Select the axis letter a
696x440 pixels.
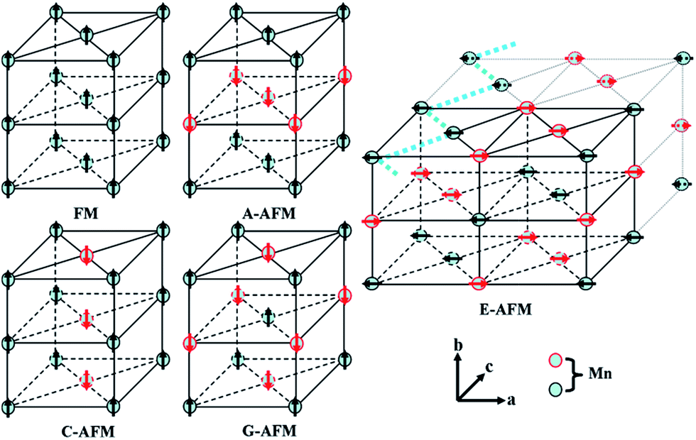511,399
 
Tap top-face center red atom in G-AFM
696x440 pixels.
267,253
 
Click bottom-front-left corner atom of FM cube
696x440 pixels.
8,187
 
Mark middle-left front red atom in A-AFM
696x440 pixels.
189,123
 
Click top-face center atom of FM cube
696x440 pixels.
86,33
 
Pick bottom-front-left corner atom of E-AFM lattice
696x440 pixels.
371,282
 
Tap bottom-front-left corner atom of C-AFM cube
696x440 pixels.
8,407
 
